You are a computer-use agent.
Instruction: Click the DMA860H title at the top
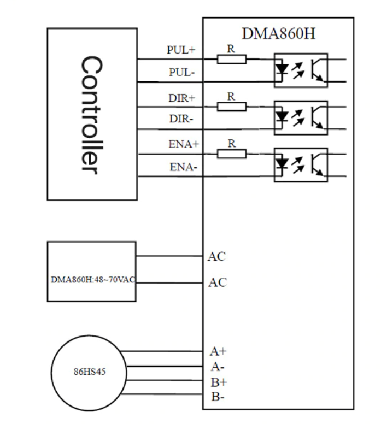(x=278, y=33)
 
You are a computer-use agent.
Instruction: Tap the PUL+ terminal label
(x=181, y=50)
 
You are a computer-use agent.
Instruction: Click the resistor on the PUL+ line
(x=231, y=59)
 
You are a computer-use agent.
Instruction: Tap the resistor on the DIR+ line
(x=231, y=106)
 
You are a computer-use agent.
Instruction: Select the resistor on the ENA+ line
(x=231, y=154)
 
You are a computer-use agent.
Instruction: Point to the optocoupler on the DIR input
(x=300, y=117)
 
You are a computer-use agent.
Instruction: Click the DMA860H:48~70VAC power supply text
(x=91, y=280)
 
